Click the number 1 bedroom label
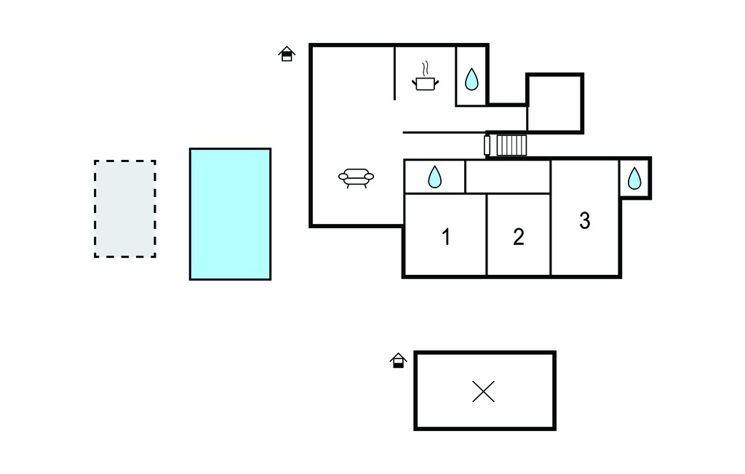446,237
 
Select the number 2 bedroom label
518,237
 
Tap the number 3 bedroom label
585,221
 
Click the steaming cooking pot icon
425,76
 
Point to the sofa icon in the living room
356,178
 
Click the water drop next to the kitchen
471,79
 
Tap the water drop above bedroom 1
435,177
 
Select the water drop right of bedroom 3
634,179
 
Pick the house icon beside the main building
287,54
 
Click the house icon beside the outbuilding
398,361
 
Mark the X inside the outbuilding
484,391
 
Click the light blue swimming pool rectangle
231,214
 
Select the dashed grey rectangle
125,209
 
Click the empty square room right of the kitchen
554,103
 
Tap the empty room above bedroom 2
508,177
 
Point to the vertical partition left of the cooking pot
394,73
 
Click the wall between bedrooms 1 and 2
487,234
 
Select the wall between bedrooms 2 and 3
551,217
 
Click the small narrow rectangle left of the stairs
487,145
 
